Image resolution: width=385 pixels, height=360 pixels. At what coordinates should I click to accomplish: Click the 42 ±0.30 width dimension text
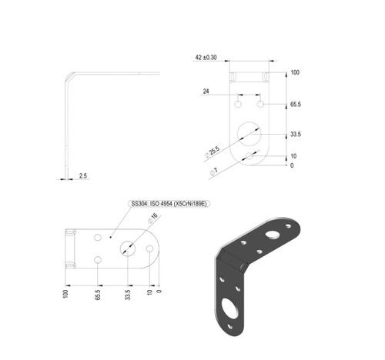tap(206, 58)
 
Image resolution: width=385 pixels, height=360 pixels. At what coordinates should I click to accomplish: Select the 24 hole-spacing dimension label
tap(206, 91)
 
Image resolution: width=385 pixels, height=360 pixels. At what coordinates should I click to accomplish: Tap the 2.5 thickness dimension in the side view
tap(83, 175)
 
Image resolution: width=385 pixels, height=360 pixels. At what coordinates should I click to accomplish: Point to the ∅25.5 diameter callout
tap(213, 152)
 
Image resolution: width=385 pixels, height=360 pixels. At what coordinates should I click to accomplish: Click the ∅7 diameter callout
tap(214, 172)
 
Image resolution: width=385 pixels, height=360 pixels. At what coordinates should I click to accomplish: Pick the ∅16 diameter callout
tap(153, 218)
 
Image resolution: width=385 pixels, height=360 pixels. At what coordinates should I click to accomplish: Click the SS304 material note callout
tap(169, 204)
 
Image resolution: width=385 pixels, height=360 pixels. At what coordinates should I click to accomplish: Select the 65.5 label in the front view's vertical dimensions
tap(296, 105)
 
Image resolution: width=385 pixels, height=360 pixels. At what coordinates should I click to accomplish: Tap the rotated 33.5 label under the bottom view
tap(128, 295)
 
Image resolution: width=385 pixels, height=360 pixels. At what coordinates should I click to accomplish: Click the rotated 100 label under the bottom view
tap(65, 294)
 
